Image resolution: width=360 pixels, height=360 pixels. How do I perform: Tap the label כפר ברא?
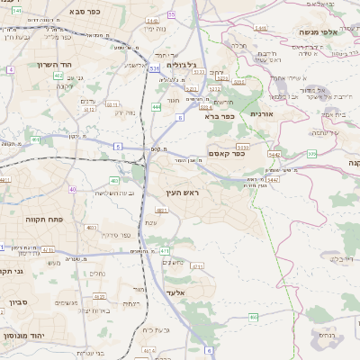[x=219, y=116]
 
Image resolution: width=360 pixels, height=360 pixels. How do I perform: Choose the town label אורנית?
[x=261, y=114]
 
